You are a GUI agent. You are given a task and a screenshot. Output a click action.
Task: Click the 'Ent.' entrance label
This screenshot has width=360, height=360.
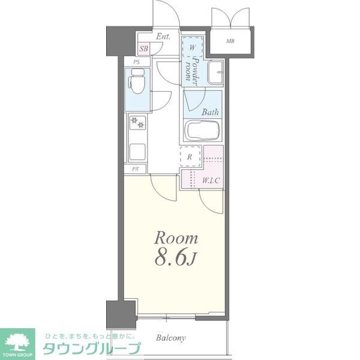(x=163, y=37)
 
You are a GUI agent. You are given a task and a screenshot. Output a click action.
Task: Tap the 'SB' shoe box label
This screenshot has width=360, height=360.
(x=144, y=49)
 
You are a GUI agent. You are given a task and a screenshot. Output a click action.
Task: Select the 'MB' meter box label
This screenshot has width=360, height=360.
(x=230, y=41)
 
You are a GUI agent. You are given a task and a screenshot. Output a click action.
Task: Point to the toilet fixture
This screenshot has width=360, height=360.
(x=138, y=82)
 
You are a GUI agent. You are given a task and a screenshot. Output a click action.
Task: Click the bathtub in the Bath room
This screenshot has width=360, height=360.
(x=201, y=131)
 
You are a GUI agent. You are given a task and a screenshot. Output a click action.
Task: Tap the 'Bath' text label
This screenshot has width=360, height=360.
(x=209, y=112)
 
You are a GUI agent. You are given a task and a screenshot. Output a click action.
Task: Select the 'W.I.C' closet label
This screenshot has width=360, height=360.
(x=210, y=179)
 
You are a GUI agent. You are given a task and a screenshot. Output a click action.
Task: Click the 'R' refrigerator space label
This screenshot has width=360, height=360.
(x=190, y=157)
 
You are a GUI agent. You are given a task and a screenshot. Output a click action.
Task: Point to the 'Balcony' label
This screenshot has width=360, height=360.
(x=171, y=338)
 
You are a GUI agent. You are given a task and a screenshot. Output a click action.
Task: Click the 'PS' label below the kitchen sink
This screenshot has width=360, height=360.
(x=136, y=169)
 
